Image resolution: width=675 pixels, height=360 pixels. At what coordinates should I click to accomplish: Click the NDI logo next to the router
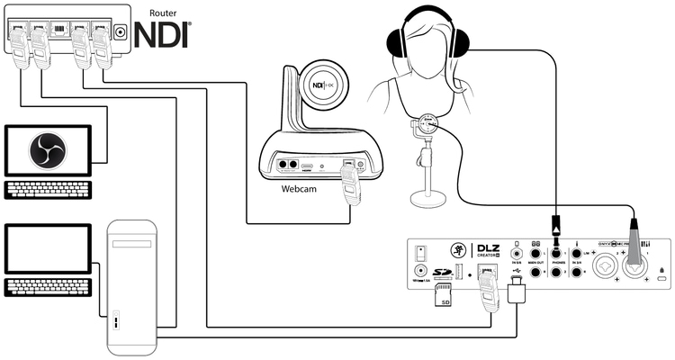pos(164,34)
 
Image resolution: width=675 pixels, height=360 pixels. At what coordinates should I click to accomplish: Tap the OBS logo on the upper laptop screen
pos(47,150)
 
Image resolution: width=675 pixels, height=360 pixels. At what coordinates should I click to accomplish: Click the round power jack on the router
pos(120,34)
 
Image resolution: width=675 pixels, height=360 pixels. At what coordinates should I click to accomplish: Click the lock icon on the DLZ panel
pos(662,270)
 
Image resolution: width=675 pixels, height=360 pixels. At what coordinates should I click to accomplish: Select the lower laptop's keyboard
pos(48,287)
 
